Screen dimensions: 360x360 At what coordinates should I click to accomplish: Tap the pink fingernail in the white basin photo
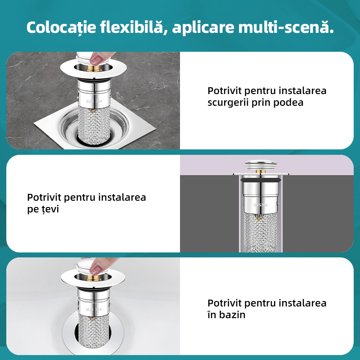tap(95, 269)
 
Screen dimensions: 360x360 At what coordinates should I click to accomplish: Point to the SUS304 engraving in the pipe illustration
tap(261, 205)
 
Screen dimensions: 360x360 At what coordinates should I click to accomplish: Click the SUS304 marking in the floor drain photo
tap(95, 102)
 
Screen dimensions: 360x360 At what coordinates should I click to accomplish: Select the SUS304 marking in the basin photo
tap(95, 310)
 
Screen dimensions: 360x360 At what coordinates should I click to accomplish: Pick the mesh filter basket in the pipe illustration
tap(261, 232)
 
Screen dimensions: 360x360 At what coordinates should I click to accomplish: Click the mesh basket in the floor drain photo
tap(94, 126)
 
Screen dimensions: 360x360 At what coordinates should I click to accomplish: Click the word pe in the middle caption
tap(33, 210)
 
